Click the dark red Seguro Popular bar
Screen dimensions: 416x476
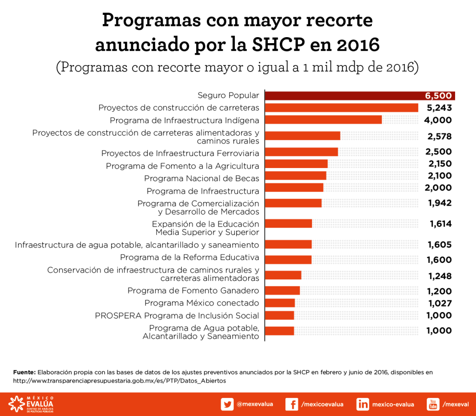[x=344, y=96]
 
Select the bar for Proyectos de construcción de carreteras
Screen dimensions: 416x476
[x=342, y=108]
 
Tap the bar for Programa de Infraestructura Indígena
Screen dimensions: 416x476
[x=323, y=120]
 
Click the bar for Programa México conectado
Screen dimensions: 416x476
[x=280, y=303]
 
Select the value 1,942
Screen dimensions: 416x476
[x=440, y=202]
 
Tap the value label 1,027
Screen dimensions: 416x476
[x=439, y=303]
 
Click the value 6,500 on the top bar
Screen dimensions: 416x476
[x=438, y=96]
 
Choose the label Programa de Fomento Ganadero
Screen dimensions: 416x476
[x=193, y=291]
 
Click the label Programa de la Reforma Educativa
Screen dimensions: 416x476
[x=190, y=257]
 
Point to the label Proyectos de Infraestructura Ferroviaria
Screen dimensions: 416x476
[x=180, y=153]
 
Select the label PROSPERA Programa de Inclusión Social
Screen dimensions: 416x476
[x=177, y=316]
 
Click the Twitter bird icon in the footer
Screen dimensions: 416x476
[x=227, y=404]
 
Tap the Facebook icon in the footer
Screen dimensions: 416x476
[x=292, y=404]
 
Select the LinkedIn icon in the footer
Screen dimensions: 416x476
[x=363, y=404]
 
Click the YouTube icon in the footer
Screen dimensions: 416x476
[x=433, y=404]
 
